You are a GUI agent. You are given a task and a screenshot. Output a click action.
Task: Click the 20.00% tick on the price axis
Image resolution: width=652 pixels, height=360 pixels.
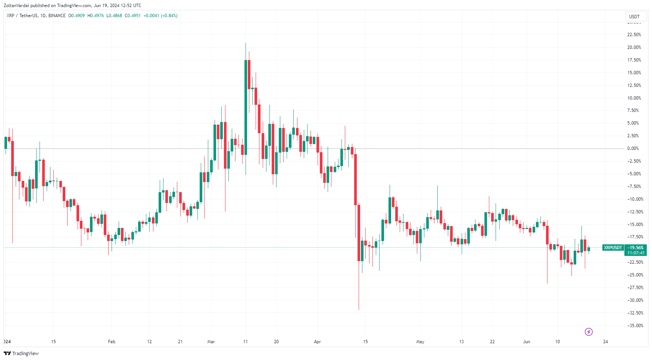[x=634, y=47]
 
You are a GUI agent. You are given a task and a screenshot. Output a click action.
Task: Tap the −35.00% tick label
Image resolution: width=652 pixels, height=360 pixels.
[x=635, y=326]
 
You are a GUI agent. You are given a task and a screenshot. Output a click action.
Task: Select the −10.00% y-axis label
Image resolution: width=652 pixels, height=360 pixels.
[x=635, y=199]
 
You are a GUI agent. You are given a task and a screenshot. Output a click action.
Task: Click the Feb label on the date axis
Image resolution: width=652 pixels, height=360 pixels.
[x=112, y=342]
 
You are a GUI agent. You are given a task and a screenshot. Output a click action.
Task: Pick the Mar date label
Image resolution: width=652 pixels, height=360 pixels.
[x=211, y=342]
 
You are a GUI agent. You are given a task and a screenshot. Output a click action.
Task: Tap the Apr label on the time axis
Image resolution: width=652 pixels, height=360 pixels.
[x=318, y=342]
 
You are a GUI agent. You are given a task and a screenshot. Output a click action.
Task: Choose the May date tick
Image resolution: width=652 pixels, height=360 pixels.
[x=420, y=342]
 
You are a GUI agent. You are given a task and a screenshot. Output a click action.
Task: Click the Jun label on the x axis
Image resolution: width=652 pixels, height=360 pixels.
[x=527, y=342]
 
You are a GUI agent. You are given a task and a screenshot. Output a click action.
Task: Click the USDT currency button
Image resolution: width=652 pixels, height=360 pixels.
[x=634, y=16]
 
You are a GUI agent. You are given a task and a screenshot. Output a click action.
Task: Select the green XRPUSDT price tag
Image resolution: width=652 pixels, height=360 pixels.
[x=613, y=248]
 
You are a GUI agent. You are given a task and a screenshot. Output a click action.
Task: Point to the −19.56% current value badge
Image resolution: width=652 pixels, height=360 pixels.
[x=636, y=248]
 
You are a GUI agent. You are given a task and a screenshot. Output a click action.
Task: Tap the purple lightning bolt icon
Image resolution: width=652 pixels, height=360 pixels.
[x=589, y=332]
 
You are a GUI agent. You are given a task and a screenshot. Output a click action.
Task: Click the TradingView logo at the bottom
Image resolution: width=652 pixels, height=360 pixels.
[x=21, y=353]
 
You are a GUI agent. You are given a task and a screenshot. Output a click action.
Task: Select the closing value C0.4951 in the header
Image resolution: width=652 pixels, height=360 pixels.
[x=132, y=16]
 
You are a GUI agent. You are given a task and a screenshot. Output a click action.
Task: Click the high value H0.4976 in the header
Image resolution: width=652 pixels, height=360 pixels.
[x=96, y=16]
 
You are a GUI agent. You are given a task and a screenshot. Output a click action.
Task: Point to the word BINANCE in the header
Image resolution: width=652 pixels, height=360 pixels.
[x=57, y=16]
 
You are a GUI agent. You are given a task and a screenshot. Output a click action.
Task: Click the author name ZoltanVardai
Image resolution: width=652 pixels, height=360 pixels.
[x=16, y=6]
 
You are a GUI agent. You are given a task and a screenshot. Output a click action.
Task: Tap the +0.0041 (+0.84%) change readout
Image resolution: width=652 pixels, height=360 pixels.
[x=160, y=16]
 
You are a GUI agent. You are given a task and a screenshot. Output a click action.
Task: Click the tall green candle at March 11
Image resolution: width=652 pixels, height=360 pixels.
[x=246, y=107]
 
